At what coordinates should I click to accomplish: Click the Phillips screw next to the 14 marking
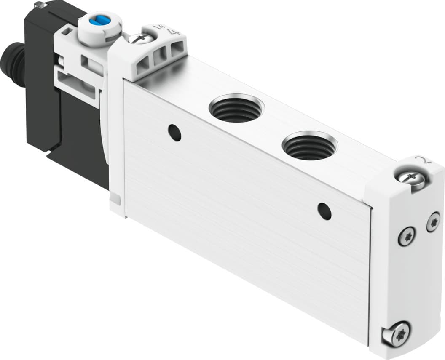pyautogui.click(x=141, y=39)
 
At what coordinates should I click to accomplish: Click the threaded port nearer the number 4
pyautogui.click(x=236, y=108)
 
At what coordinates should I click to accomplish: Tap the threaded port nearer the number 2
pyautogui.click(x=309, y=146)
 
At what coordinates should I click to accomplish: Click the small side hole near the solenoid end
pyautogui.click(x=174, y=133)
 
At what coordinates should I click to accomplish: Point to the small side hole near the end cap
pyautogui.click(x=324, y=211)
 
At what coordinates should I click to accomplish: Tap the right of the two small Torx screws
pyautogui.click(x=433, y=221)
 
